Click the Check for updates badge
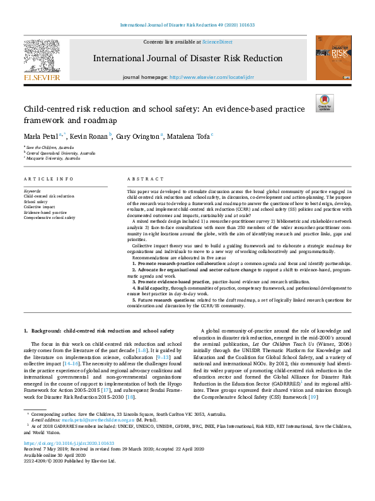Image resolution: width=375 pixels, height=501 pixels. pyautogui.click(x=325, y=103)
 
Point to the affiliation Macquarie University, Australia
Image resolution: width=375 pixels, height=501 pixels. pyautogui.click(x=54, y=158)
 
